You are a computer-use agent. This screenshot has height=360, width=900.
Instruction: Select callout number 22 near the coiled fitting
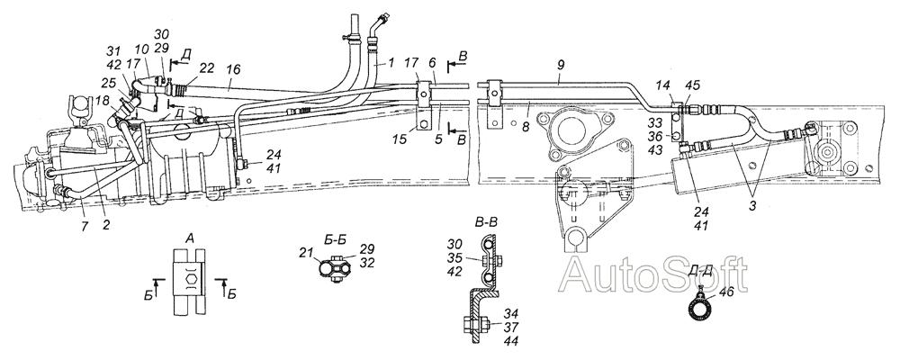tap(207, 68)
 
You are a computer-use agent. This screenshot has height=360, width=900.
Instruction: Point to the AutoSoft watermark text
tap(653, 274)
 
